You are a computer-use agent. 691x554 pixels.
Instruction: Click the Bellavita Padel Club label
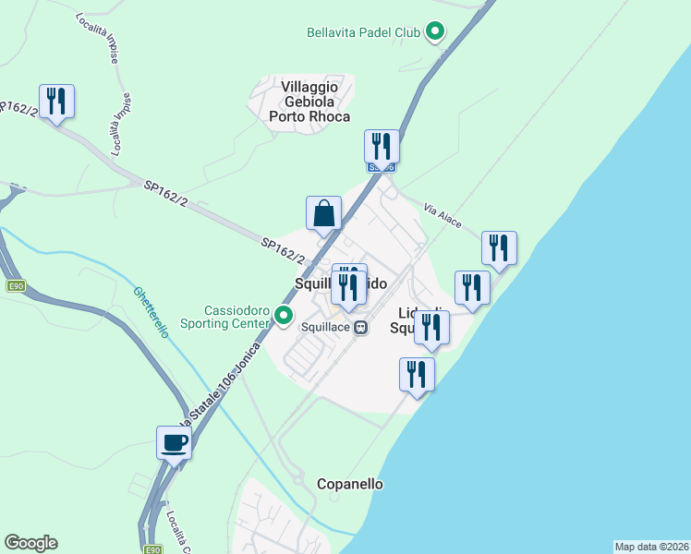(x=363, y=32)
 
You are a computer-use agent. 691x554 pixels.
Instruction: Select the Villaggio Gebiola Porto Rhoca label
(x=309, y=101)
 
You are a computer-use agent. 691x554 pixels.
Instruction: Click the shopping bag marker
(x=324, y=213)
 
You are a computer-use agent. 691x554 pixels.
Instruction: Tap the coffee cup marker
(x=174, y=443)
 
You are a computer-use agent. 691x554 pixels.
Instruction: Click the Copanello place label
(x=350, y=484)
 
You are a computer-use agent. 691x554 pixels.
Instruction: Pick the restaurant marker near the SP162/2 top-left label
(x=56, y=101)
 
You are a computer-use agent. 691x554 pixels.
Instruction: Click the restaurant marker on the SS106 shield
(x=382, y=146)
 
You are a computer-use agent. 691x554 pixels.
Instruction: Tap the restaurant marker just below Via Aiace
(x=499, y=247)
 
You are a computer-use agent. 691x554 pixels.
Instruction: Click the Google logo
(x=30, y=543)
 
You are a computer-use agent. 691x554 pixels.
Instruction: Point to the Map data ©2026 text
(x=651, y=547)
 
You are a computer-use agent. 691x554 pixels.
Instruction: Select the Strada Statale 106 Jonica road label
(x=217, y=388)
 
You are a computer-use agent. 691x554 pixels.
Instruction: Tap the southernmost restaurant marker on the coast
(x=417, y=375)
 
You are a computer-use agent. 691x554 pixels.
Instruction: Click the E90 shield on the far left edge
(x=15, y=286)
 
